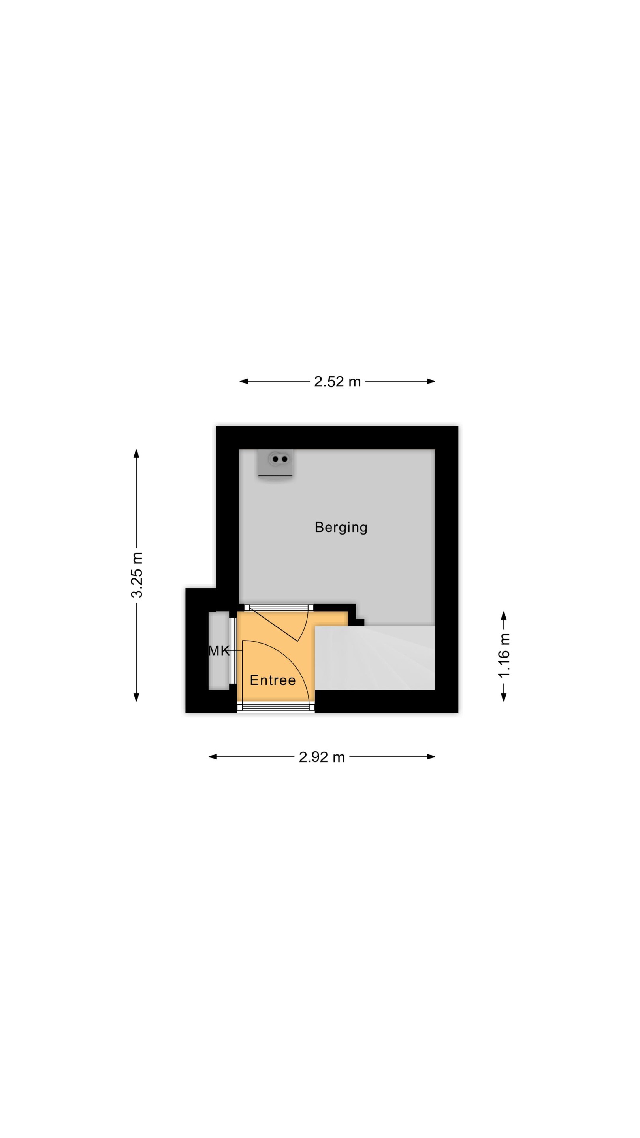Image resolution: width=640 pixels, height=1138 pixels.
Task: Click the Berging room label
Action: (x=341, y=528)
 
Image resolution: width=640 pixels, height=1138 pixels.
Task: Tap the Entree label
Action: (x=273, y=680)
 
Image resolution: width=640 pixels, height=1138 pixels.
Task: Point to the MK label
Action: (x=218, y=650)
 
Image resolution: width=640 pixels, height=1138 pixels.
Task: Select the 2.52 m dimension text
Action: (x=337, y=381)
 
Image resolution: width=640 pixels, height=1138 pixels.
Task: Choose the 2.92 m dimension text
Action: (x=322, y=757)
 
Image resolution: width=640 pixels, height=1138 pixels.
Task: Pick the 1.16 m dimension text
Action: (x=504, y=656)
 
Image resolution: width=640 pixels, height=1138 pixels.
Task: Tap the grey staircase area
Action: (x=375, y=658)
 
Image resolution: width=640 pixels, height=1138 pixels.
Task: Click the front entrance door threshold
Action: (x=276, y=708)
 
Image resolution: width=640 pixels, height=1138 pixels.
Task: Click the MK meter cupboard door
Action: (x=233, y=650)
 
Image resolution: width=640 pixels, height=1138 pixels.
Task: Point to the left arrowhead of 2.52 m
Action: (x=243, y=381)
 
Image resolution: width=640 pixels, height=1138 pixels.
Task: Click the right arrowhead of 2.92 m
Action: (x=431, y=757)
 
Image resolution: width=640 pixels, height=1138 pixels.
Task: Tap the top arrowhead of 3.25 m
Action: (x=136, y=454)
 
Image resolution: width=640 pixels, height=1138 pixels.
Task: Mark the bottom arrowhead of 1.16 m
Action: (x=504, y=697)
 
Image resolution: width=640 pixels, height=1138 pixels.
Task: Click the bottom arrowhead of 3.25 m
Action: (x=136, y=697)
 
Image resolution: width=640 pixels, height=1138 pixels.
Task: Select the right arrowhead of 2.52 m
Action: (x=431, y=381)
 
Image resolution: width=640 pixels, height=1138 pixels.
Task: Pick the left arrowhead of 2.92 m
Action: (x=213, y=757)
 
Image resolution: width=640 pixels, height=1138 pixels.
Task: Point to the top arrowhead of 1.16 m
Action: (x=504, y=616)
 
